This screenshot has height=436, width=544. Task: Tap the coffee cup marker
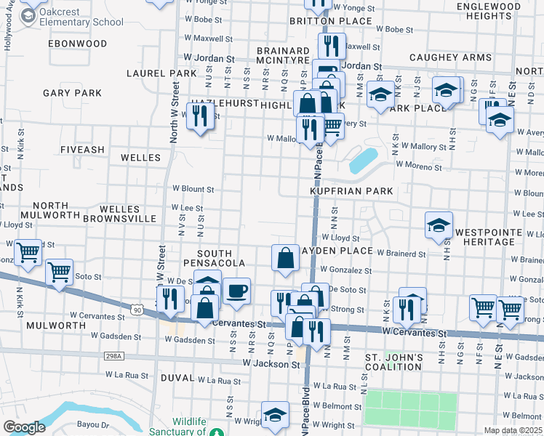[x=236, y=291]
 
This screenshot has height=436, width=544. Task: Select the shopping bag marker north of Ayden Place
[x=286, y=257]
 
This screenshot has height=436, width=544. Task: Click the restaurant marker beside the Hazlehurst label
[x=199, y=115]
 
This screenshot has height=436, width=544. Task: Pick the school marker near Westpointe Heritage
[x=439, y=225]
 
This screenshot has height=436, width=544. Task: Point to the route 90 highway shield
[x=137, y=310]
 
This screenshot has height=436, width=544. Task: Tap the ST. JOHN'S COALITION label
[x=393, y=362]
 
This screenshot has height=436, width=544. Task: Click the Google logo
[x=23, y=427]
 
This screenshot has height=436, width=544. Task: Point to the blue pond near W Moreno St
[x=363, y=160]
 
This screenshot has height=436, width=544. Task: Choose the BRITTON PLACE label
[x=321, y=21]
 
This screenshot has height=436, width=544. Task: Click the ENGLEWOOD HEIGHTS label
[x=489, y=11]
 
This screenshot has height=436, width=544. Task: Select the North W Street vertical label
[x=175, y=112]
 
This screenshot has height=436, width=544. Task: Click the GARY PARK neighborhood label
[x=72, y=93]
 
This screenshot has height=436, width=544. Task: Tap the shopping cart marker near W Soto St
[x=59, y=272]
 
